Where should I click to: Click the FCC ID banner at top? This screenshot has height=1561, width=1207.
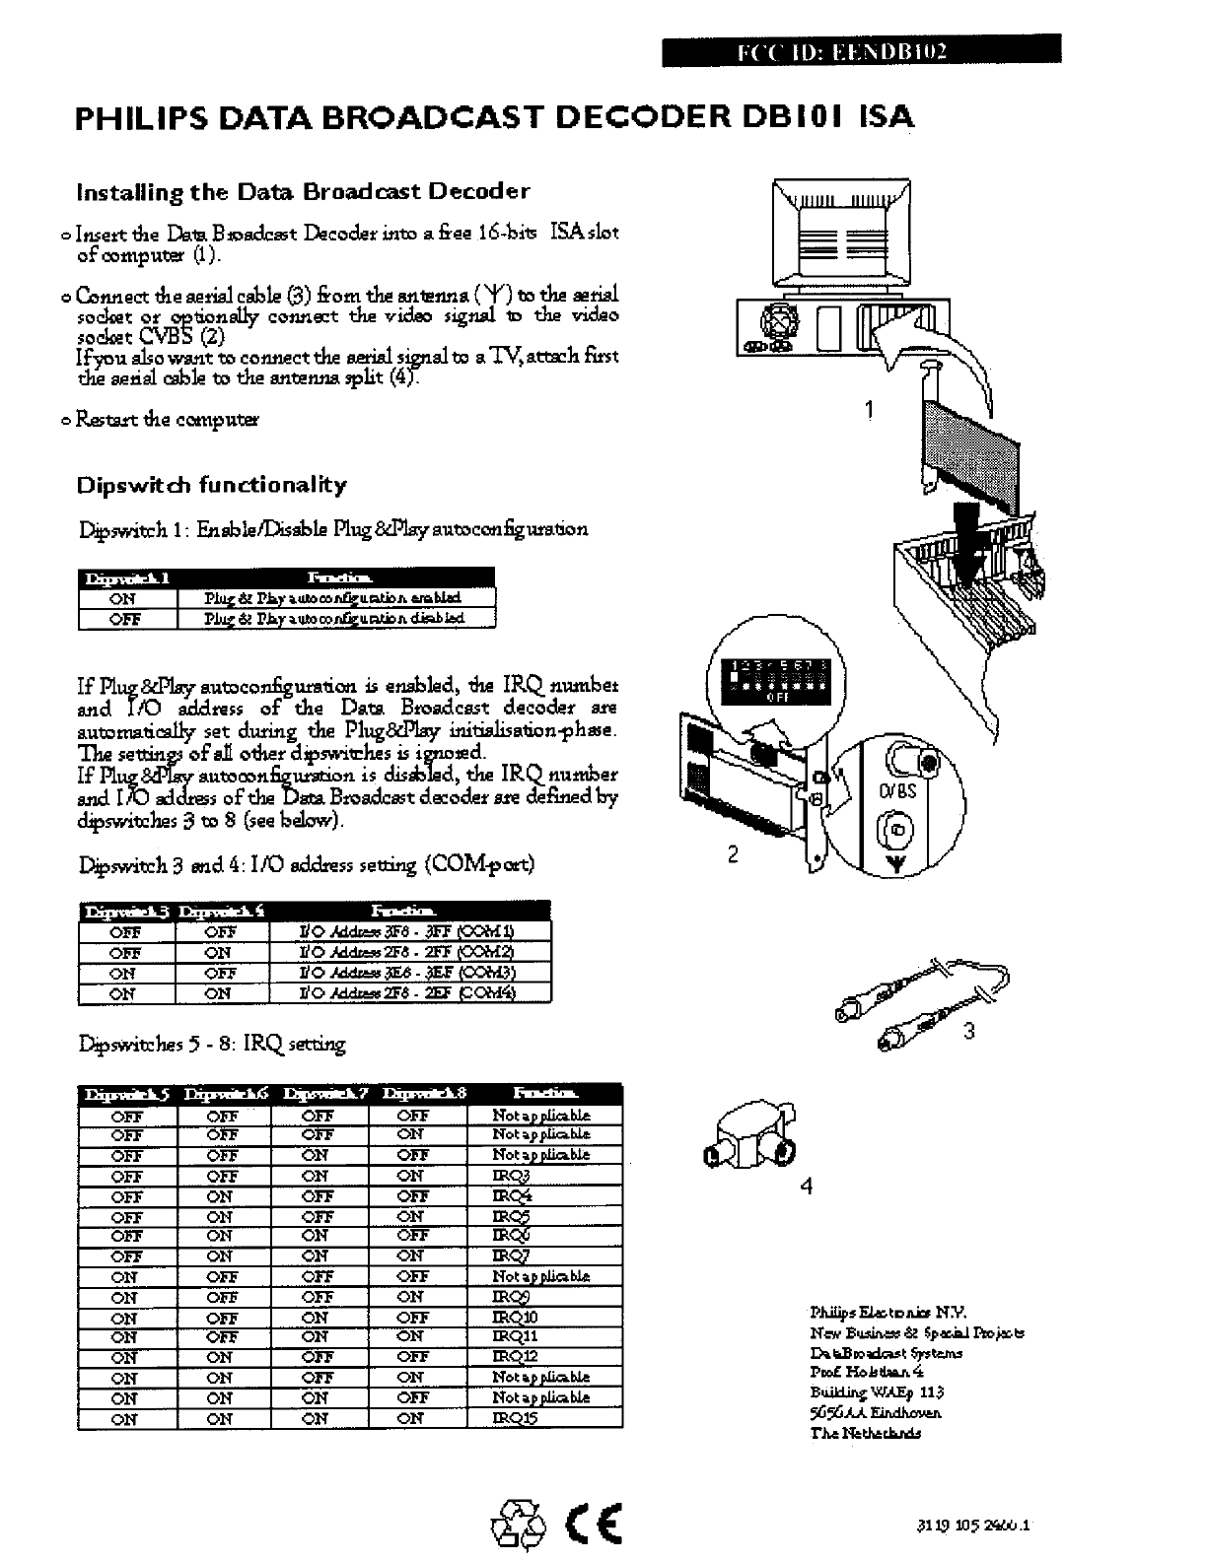pos(860,49)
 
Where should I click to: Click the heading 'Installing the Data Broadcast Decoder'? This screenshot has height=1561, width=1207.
pos(304,191)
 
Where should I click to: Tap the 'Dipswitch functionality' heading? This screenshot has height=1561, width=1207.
pos(212,485)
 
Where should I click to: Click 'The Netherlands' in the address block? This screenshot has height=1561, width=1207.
pos(865,1433)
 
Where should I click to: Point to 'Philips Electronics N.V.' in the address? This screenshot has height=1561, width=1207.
pos(887,1313)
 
